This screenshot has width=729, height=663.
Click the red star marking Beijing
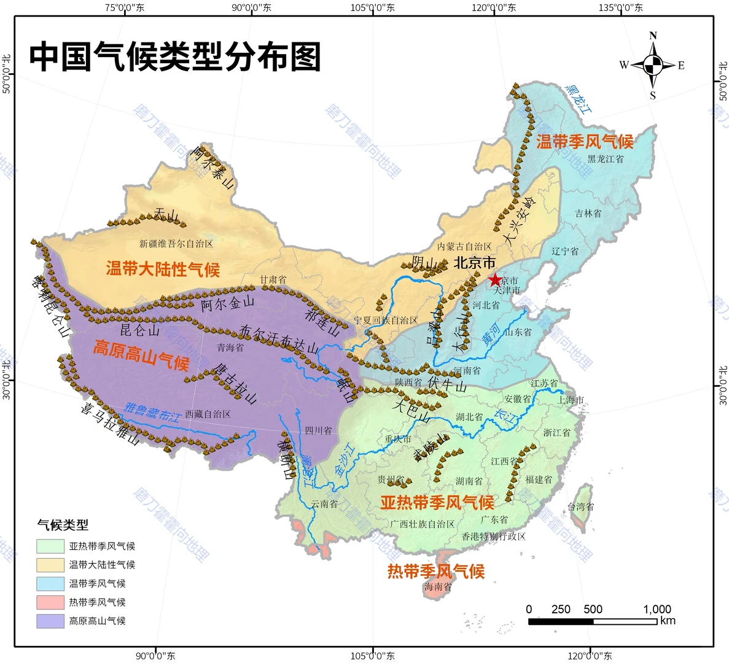494,280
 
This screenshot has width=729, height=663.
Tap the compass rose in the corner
653,64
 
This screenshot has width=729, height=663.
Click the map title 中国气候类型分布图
176,57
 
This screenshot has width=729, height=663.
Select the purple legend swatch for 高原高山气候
50,621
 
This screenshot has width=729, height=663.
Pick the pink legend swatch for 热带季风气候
50,602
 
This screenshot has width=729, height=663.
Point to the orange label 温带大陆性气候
163,269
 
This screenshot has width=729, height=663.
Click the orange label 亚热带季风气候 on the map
437,503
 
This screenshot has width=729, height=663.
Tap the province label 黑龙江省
605,159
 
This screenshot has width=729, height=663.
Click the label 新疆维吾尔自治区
176,244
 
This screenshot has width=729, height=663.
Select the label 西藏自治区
208,414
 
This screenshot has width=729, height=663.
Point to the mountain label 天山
166,214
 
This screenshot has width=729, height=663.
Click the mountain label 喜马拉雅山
111,424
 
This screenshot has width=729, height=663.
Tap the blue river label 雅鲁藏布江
152,412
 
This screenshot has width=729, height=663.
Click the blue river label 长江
506,416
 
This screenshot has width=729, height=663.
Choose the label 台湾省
580,507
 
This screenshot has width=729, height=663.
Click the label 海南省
437,587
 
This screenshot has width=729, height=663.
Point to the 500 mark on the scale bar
593,609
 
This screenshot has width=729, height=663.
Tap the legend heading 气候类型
63,525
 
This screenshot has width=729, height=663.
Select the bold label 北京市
475,263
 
